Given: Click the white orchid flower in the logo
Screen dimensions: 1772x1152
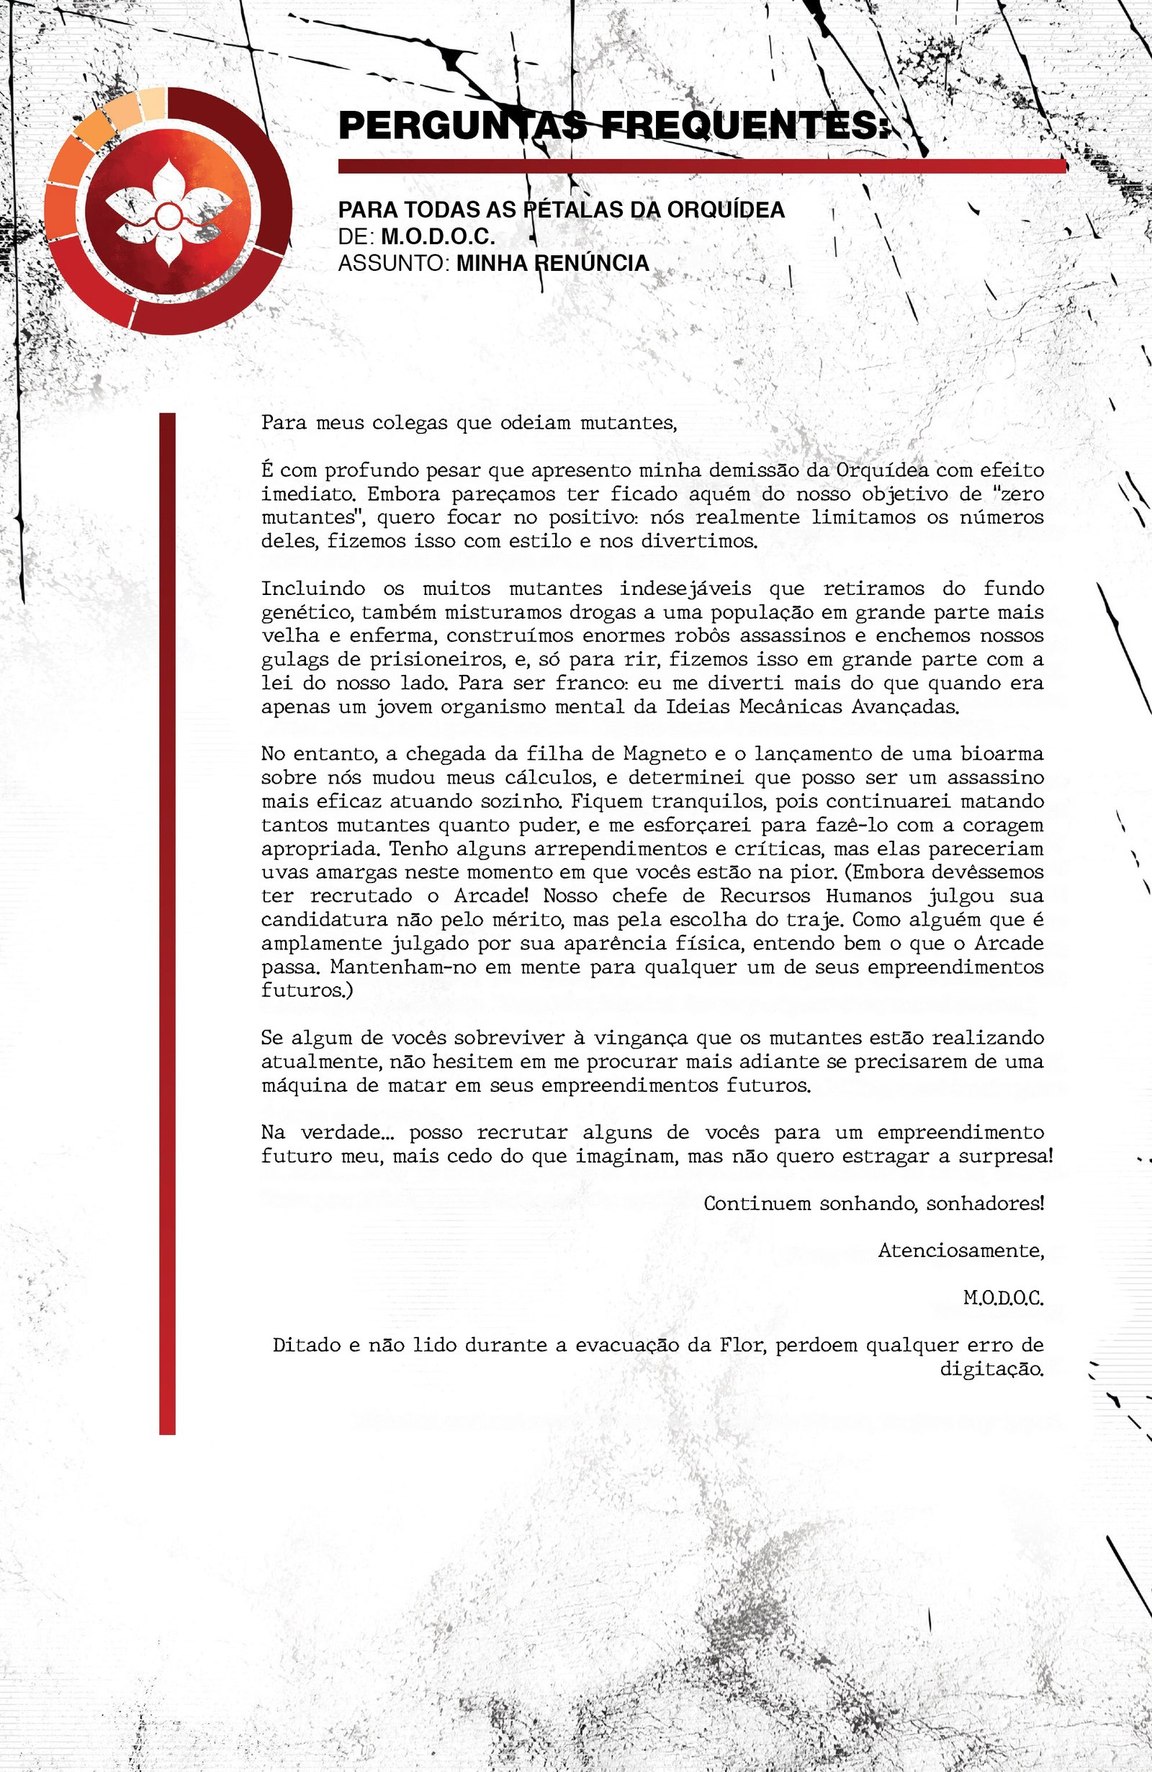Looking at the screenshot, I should click(168, 215).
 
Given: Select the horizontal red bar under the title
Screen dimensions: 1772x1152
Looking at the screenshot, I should click(702, 166).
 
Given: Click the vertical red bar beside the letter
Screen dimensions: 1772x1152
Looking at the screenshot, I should click(168, 923).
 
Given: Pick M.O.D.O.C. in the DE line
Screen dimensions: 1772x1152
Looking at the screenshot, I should click(438, 237).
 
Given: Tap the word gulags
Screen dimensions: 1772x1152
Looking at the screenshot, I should click(294, 660).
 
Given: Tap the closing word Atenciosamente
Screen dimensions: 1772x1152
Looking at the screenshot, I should click(960, 1250).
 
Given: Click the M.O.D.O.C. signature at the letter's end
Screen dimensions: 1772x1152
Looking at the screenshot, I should click(1003, 1299).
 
